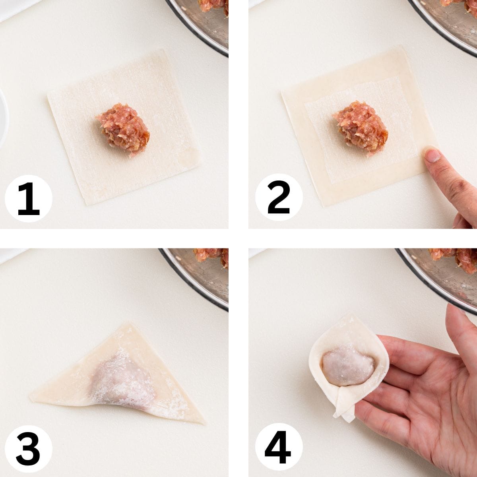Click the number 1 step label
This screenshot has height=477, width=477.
pyautogui.click(x=29, y=198)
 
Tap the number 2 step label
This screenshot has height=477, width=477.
pyautogui.click(x=279, y=198)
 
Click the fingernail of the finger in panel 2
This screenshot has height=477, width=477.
pyautogui.click(x=432, y=155)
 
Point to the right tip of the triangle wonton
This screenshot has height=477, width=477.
pyautogui.click(x=204, y=422)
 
